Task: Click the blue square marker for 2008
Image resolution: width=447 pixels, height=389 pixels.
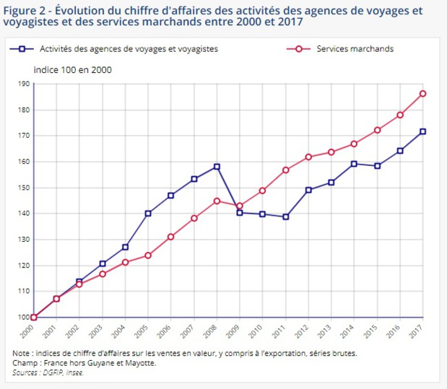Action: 217,167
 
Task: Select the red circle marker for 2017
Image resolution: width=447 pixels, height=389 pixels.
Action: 422,93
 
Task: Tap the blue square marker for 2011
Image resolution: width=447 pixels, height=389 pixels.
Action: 285,217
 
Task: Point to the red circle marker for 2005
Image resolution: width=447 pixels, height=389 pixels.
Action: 148,255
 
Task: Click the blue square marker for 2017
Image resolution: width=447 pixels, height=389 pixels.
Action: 422,131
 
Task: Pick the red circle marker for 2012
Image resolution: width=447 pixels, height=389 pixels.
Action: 308,157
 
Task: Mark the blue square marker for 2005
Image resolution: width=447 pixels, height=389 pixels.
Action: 148,213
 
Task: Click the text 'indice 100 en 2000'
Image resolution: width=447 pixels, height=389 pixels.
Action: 72,70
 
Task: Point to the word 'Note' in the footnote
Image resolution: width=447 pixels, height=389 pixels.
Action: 22,354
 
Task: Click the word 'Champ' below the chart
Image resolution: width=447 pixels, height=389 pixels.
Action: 25,363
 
